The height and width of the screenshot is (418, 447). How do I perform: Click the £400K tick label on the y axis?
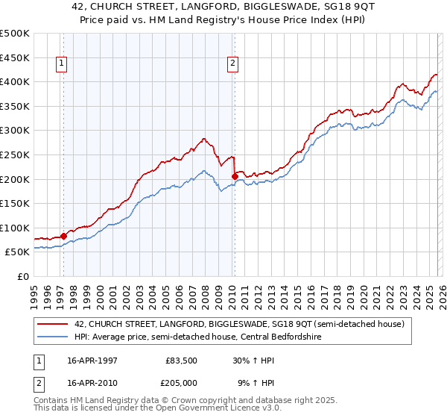15,81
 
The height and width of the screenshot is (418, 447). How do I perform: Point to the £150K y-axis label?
15,203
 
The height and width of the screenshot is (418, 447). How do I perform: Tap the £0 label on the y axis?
22,276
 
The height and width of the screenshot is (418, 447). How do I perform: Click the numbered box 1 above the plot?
60,64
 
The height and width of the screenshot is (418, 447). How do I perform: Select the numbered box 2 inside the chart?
233,64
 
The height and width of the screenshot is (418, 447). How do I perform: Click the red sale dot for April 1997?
63,235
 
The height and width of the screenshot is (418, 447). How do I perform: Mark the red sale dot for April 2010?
235,176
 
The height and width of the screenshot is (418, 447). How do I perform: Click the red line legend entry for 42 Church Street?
238,324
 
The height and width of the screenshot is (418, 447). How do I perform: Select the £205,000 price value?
182,382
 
